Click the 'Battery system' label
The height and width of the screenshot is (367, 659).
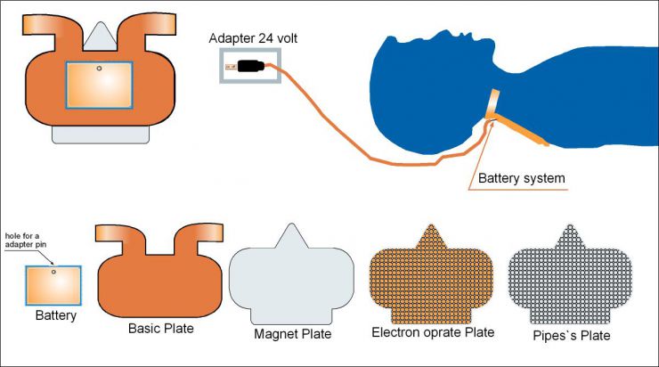coord(521,179)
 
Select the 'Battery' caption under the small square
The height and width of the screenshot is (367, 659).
coord(55,314)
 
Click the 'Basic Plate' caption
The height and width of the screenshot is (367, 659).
coord(161,329)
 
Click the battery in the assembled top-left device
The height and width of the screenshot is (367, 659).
coord(99,86)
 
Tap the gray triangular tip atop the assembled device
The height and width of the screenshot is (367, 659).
coord(99,32)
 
